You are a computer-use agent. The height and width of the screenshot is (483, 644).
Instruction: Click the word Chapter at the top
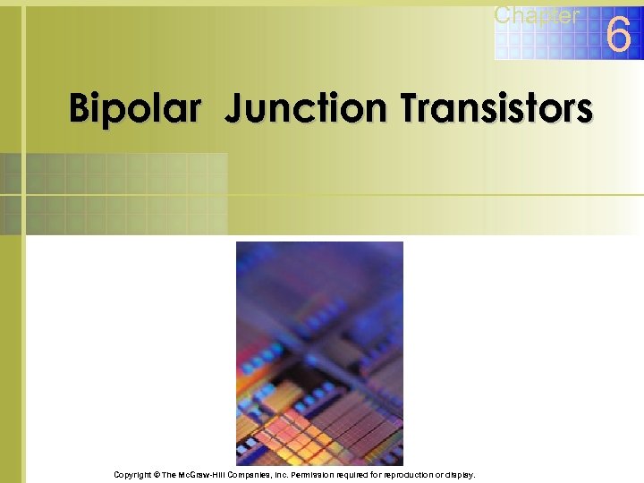click(x=537, y=14)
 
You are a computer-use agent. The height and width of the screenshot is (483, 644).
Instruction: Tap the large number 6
click(x=619, y=36)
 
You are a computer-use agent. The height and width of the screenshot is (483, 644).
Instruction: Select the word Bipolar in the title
click(x=135, y=109)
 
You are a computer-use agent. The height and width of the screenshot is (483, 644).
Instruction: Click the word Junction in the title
click(x=307, y=109)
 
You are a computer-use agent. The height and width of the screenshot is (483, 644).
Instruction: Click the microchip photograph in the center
click(x=319, y=352)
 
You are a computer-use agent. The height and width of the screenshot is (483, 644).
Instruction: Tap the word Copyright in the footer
click(x=133, y=475)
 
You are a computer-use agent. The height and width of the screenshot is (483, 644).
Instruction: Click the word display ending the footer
click(x=461, y=475)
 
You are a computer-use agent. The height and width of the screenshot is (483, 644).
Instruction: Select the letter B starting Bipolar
click(x=80, y=109)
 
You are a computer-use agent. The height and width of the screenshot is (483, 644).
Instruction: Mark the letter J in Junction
click(x=233, y=109)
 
